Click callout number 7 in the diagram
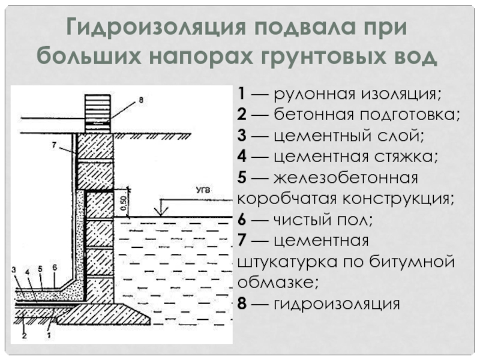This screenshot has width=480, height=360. (x=54, y=145)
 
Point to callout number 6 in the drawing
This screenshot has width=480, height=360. (x=55, y=267)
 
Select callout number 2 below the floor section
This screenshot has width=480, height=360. (x=24, y=336)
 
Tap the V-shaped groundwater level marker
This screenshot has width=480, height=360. (x=160, y=210)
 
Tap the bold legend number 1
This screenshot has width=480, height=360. (x=240, y=95)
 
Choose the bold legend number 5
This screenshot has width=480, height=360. (x=241, y=179)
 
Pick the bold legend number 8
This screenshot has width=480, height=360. (x=241, y=304)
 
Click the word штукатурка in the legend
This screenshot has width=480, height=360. (x=287, y=262)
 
